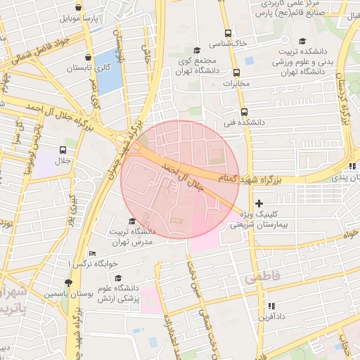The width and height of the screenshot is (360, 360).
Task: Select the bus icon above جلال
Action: pyautogui.click(x=63, y=150)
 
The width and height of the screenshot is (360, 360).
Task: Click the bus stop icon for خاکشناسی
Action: pyautogui.click(x=227, y=33)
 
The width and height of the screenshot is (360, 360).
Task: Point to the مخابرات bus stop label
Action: pyautogui.click(x=236, y=84)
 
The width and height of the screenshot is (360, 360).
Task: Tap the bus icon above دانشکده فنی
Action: pyautogui.click(x=244, y=111)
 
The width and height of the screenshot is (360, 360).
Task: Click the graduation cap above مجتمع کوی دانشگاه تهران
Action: pyautogui.click(x=197, y=50)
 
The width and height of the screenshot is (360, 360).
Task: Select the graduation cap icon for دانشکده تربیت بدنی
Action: pyautogui.click(x=302, y=41)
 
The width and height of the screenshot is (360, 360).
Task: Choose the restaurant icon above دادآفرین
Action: pyautogui.click(x=271, y=306)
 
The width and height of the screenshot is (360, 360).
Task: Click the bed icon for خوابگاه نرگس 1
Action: pyautogui.click(x=92, y=254)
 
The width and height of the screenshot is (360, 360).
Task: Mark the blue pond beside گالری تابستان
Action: pyautogui.click(x=108, y=72)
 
